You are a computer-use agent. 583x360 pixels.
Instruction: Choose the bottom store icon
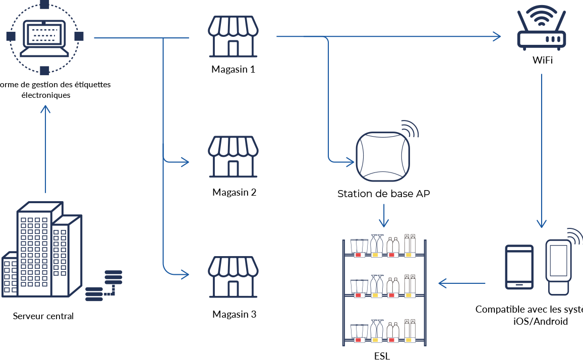coord(234,277)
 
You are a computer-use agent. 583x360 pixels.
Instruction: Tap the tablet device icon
coord(519,267)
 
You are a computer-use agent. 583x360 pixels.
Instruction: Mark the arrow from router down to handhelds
coord(542,151)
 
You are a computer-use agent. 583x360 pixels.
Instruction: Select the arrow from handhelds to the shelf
coord(462,283)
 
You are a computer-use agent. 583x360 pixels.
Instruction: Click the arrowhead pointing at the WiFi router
coord(497,36)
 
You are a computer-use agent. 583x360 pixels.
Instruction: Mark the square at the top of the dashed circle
coord(44,5)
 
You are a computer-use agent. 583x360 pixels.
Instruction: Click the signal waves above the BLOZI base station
coord(411,129)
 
